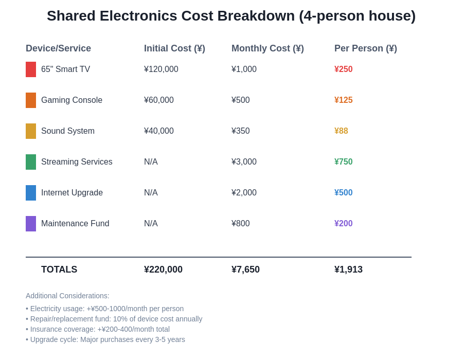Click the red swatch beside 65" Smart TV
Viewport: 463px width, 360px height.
31,69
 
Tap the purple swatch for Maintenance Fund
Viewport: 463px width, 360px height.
31,224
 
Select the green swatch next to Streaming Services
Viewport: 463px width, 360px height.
31,162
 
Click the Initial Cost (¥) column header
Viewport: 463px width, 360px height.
174,48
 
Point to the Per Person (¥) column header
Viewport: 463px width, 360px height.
365,48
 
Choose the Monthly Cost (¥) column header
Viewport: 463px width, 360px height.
268,48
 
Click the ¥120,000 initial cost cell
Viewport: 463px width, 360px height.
161,69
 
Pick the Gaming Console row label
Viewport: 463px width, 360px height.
72,100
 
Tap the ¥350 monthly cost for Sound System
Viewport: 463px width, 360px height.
240,131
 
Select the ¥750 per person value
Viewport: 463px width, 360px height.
343,162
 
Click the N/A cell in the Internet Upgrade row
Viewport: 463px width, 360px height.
151,193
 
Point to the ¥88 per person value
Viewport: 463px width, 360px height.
341,131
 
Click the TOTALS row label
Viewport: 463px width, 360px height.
59,269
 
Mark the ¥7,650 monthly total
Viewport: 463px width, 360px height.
245,269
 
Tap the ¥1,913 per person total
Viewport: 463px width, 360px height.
348,269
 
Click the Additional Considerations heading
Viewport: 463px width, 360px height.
67,296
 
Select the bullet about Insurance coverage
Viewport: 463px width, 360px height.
98,329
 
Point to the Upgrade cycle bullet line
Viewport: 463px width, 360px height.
105,339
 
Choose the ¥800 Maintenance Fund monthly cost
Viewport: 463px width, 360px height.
240,224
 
